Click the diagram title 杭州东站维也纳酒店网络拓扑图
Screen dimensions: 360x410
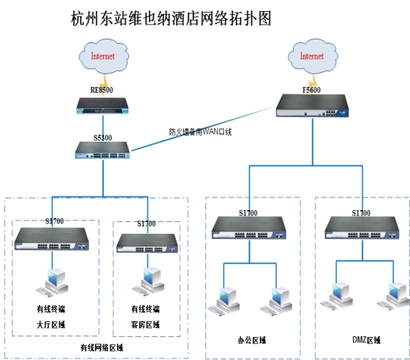tap(171, 18)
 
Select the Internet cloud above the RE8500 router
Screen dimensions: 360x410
tap(102, 56)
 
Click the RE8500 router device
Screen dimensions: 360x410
tap(103, 106)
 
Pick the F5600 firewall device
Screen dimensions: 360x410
tap(312, 106)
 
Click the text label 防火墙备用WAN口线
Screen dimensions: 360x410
tap(200, 132)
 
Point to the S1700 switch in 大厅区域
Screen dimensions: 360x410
tap(50, 238)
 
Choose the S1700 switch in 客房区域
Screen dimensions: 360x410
tap(146, 239)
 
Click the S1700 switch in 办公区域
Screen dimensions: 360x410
tap(248, 228)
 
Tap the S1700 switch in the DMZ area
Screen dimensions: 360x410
tap(361, 228)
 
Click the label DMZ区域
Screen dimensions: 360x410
tap(366, 340)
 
